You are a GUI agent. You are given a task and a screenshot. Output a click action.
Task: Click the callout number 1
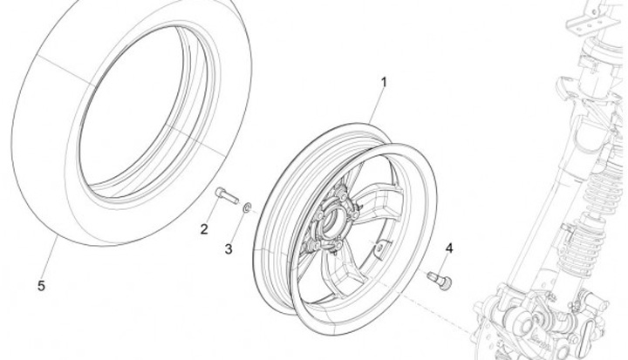tap(382, 83)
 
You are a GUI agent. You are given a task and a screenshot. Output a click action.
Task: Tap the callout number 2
tap(204, 230)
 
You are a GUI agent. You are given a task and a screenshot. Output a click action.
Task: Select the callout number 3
tap(229, 249)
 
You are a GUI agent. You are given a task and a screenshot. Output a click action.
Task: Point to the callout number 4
tap(449, 248)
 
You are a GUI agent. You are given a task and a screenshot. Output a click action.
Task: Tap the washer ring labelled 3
tap(248, 206)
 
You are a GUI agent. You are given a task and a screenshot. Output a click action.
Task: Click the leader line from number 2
tap(212, 213)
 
